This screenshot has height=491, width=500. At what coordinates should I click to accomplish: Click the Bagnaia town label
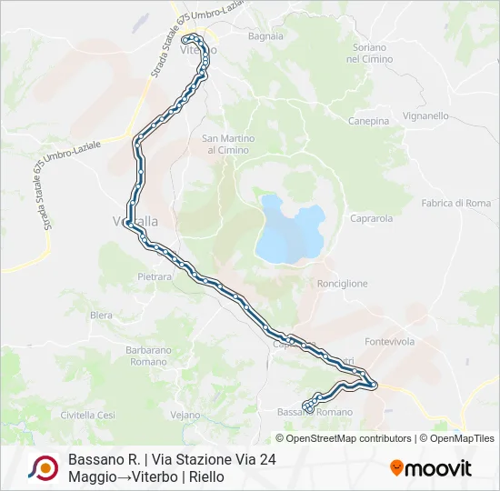coord(265,37)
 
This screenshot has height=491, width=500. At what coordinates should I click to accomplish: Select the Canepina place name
coord(368,120)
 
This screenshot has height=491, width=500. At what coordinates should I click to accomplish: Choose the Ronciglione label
coord(343,284)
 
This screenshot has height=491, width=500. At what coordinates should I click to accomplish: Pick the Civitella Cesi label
coord(87,415)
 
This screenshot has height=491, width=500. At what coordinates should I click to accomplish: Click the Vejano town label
coord(185,415)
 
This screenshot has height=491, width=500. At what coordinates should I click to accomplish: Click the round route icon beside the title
coord(42,468)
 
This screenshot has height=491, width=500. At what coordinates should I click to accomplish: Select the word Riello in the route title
coord(207,476)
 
